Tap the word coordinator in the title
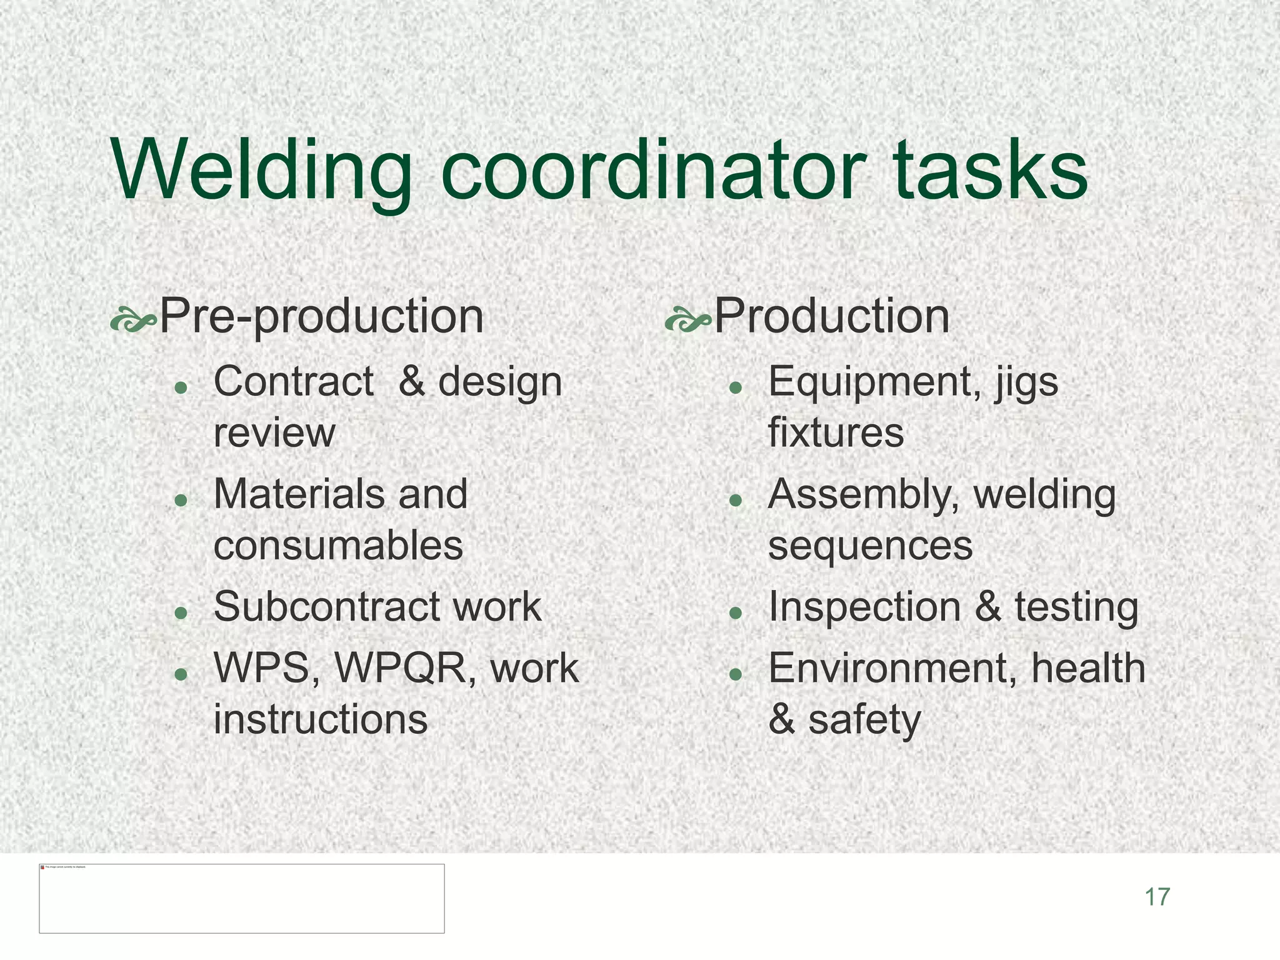point(652,170)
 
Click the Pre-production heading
point(321,316)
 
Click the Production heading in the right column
point(831,316)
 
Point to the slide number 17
point(1157,897)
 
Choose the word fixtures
point(836,432)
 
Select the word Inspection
point(864,607)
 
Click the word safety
point(864,719)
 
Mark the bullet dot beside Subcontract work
point(181,612)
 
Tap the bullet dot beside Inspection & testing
point(736,612)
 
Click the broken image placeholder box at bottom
point(242,898)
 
